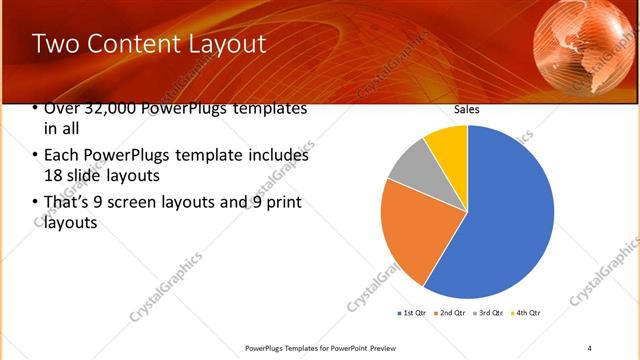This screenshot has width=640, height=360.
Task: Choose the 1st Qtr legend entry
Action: click(x=411, y=313)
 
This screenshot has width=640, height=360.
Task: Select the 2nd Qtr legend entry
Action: click(x=449, y=313)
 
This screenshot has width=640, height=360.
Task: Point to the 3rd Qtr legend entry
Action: click(x=488, y=313)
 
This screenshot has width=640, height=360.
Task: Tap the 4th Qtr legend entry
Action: click(x=525, y=313)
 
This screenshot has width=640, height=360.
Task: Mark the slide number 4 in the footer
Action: click(x=590, y=347)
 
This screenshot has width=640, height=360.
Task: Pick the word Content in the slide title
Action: click(x=135, y=44)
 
